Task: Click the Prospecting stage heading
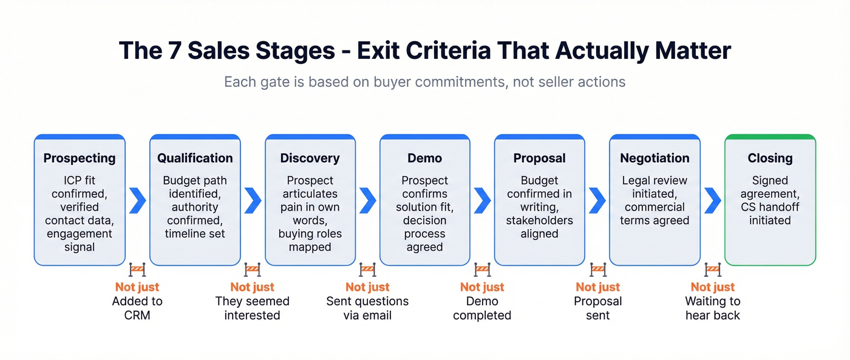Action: point(80,158)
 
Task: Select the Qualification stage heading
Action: point(195,158)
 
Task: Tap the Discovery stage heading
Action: point(310,158)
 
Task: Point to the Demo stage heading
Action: point(424,158)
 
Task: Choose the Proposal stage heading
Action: point(539,158)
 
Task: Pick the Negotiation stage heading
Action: point(654,158)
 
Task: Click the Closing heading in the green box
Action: point(770,158)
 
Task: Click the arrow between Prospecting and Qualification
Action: point(137,200)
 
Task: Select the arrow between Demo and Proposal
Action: point(482,200)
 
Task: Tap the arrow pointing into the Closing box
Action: point(712,200)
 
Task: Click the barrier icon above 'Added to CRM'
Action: point(137,270)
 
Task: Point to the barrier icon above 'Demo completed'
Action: point(482,270)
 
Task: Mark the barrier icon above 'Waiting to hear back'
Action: point(713,270)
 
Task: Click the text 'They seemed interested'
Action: point(252,308)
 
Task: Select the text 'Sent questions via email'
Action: point(367,308)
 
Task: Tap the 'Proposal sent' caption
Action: point(597,308)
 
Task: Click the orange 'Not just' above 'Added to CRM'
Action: point(137,287)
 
